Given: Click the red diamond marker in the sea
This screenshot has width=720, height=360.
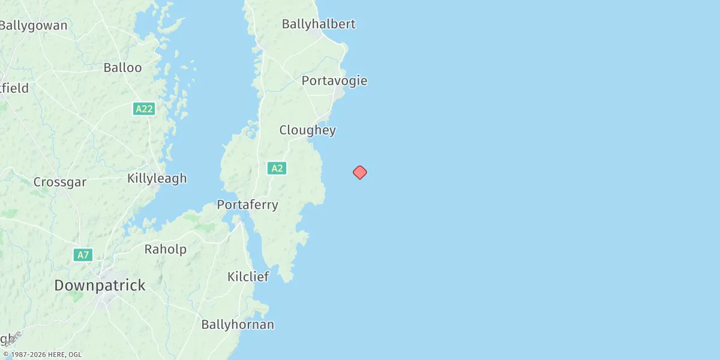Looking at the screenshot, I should click(x=359, y=172).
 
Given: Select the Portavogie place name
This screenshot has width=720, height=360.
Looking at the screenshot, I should click(x=334, y=80).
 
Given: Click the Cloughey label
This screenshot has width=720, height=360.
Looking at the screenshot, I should click(x=307, y=130).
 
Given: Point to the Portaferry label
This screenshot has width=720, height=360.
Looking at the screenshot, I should click(x=247, y=205).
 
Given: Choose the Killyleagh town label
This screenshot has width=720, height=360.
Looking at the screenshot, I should click(x=157, y=178).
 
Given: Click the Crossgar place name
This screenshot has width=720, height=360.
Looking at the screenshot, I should click(x=60, y=182).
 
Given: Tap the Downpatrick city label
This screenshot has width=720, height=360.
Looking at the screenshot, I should click(x=100, y=285).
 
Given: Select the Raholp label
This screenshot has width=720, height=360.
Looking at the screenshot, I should click(x=165, y=249).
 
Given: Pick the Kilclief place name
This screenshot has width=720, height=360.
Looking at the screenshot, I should click(x=248, y=277).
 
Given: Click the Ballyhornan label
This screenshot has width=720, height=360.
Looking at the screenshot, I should click(x=238, y=325).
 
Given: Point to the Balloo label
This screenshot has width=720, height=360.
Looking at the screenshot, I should click(x=122, y=67).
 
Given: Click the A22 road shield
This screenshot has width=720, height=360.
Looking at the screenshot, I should click(x=144, y=109).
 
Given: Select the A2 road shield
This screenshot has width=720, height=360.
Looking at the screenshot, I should click(x=277, y=168).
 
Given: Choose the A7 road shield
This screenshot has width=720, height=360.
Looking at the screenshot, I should click(x=83, y=255).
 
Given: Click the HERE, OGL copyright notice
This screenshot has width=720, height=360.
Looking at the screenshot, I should click(x=42, y=355).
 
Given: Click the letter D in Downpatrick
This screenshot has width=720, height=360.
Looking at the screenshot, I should click(x=59, y=286).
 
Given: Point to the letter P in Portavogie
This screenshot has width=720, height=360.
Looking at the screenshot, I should click(x=306, y=81).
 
